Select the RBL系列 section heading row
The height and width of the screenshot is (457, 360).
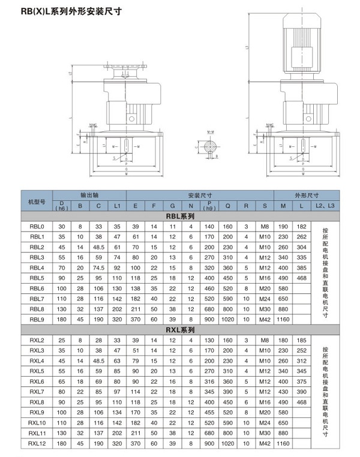coord(180,217)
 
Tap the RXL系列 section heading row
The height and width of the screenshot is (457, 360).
coord(180,330)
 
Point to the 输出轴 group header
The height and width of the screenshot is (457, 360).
coord(90,196)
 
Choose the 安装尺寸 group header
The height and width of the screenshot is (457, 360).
coord(199,196)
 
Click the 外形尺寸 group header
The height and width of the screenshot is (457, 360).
coord(306,196)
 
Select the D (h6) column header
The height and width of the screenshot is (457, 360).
coord(62,206)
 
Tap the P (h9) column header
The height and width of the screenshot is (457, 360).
coord(209,206)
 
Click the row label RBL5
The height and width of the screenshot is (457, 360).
coord(37,278)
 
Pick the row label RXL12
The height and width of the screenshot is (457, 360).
coord(37,443)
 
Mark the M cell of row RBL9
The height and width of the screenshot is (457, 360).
coord(283,319)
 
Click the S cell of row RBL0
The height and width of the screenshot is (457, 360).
coord(265,227)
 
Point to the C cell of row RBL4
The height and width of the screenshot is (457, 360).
coord(99,267)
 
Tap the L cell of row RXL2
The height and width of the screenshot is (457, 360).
coord(301,340)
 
